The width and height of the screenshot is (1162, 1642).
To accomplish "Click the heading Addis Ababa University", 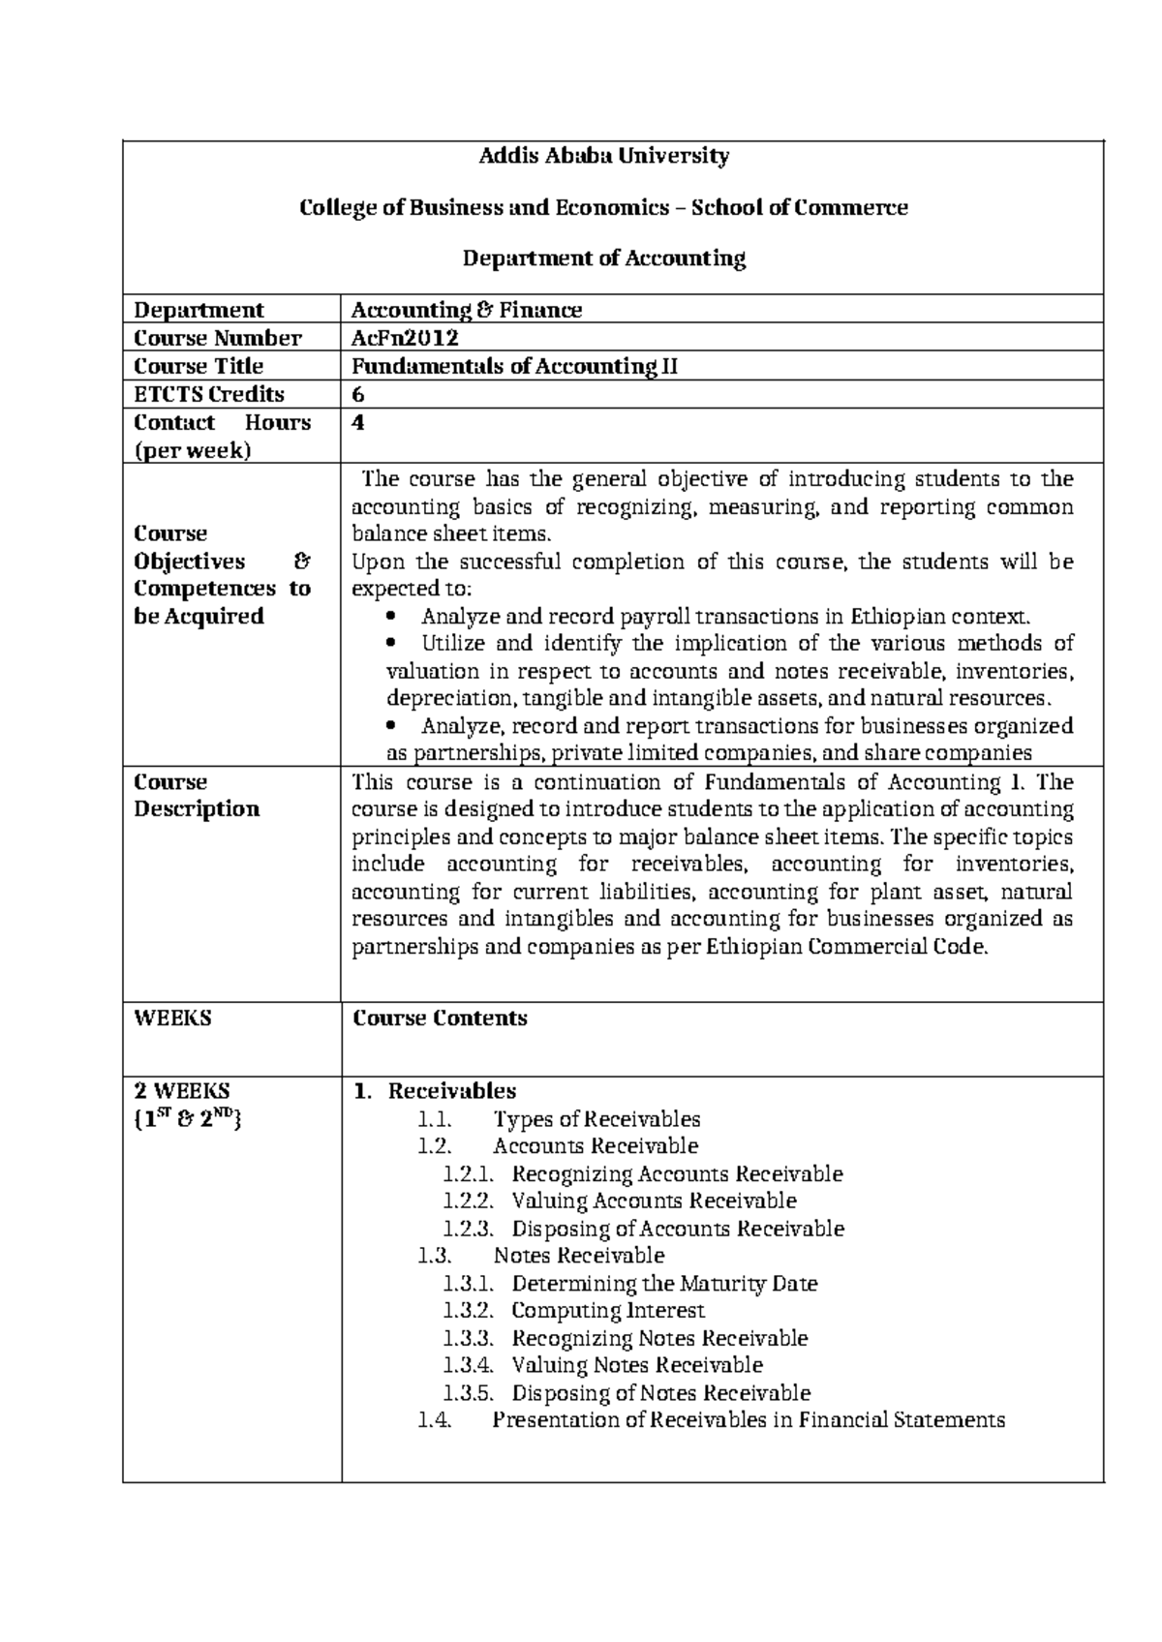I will pyautogui.click(x=604, y=156).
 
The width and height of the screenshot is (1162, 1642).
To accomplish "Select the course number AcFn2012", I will pyautogui.click(x=404, y=338).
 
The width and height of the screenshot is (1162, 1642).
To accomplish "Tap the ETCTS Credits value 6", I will pyautogui.click(x=357, y=394).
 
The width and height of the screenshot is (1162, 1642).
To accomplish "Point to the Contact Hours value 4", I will pyautogui.click(x=357, y=422).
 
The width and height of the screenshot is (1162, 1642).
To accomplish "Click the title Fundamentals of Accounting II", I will pyautogui.click(x=514, y=366).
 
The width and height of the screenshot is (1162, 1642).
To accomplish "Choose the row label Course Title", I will pyautogui.click(x=199, y=366).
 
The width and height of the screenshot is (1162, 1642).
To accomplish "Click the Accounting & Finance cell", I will pyautogui.click(x=466, y=310).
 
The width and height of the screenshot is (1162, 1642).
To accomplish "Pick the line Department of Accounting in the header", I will pyautogui.click(x=604, y=258).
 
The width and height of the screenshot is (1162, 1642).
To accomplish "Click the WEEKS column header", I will pyautogui.click(x=172, y=1019).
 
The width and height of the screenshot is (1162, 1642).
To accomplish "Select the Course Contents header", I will pyautogui.click(x=440, y=1019).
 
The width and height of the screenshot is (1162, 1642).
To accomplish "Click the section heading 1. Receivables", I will pyautogui.click(x=435, y=1091).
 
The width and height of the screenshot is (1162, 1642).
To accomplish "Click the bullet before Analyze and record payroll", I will pyautogui.click(x=391, y=617).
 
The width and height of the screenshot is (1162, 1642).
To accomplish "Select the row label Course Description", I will pyautogui.click(x=197, y=796).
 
